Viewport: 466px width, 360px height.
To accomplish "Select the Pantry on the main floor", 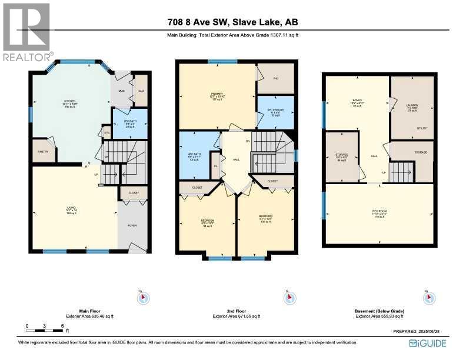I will [x=44, y=151].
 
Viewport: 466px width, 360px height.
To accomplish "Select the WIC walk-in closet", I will [x=275, y=79].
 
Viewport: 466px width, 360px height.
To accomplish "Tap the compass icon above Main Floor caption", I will [x=142, y=298].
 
